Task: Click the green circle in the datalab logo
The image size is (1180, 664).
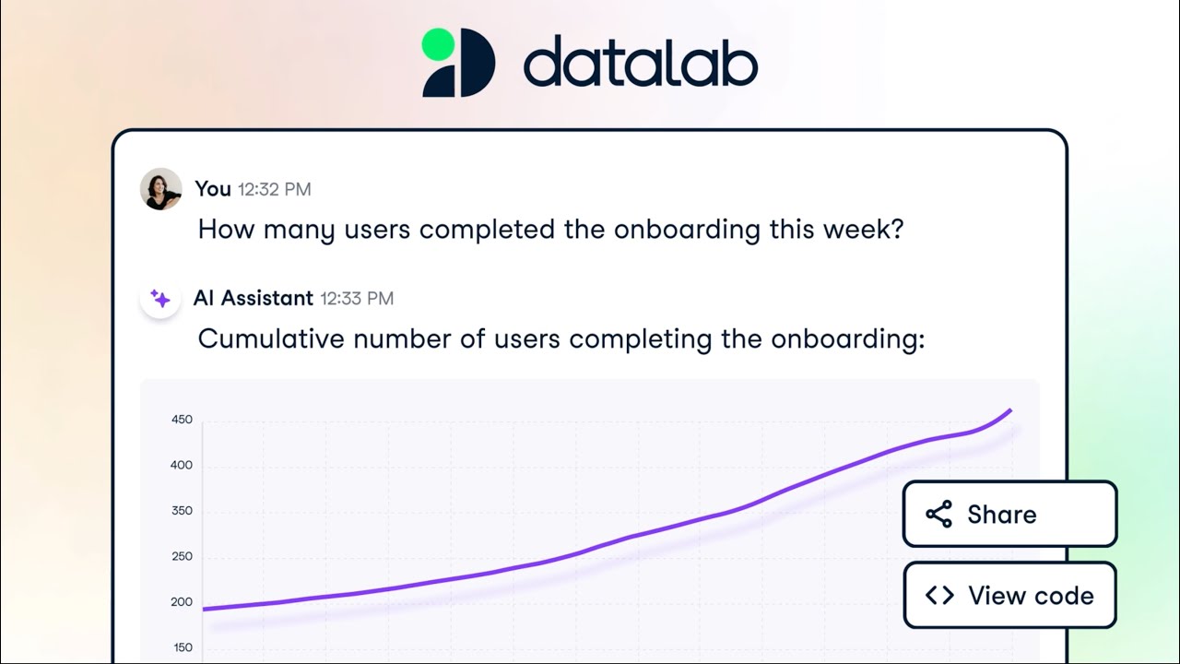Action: coord(438,44)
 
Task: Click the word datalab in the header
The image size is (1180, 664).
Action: coord(640,64)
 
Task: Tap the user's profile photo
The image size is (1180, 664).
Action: coord(160,189)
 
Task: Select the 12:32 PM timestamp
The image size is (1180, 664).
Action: coord(274,190)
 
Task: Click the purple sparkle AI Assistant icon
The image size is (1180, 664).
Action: coord(160,299)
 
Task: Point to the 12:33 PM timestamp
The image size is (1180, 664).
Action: coord(357,299)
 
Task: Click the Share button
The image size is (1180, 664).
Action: coord(1009,515)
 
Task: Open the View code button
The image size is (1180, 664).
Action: coord(1009,596)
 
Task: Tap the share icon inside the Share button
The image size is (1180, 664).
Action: coord(938,515)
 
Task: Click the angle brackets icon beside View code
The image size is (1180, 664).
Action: coord(938,596)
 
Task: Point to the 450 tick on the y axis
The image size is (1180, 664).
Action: coord(182,420)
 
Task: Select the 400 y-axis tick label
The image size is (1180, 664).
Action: coord(182,466)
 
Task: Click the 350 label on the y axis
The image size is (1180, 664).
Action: coord(182,511)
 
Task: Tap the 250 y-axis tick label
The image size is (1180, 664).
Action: coord(182,556)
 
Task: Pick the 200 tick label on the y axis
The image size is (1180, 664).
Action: coord(182,602)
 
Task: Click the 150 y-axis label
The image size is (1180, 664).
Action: coord(182,647)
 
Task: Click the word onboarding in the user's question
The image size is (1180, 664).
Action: coord(688,230)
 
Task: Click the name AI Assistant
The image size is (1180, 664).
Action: coord(253,299)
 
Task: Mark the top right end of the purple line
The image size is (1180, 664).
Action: coord(1011,410)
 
